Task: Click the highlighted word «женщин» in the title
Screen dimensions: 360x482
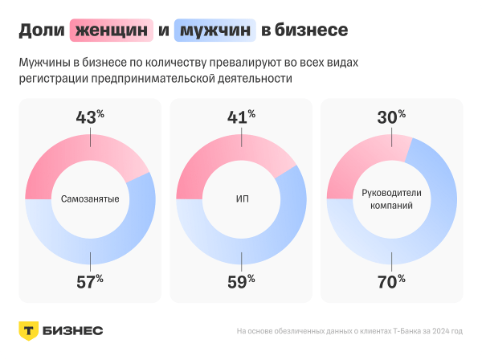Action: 112,31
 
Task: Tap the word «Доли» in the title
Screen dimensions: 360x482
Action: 42,31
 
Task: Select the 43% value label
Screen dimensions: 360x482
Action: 90,117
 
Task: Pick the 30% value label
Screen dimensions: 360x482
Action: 391,117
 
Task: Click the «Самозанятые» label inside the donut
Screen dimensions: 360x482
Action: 90,198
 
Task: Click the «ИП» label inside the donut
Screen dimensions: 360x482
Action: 241,198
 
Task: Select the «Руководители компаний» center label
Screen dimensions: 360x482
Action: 391,198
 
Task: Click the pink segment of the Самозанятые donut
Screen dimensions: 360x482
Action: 48,161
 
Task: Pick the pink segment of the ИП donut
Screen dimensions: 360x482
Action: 201,161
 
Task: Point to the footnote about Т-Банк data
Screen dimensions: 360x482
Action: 349,331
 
